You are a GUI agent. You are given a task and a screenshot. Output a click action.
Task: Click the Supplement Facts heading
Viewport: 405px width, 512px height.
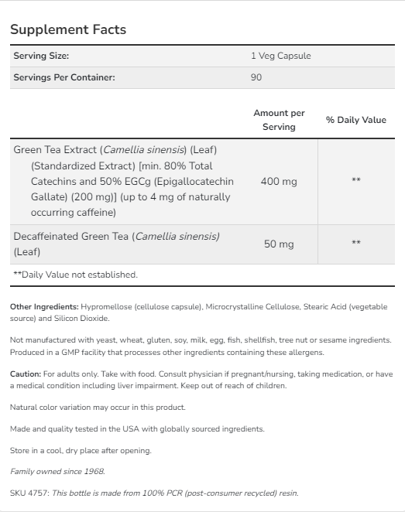tap(68, 29)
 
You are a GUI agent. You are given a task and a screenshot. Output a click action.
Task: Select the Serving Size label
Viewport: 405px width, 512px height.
tap(41, 56)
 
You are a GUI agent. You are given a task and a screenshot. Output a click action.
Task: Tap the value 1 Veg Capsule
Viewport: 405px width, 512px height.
tap(280, 56)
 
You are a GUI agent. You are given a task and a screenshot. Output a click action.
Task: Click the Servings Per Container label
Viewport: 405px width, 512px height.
tap(64, 77)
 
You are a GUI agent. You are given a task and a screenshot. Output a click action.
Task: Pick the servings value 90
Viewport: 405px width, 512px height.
tap(256, 77)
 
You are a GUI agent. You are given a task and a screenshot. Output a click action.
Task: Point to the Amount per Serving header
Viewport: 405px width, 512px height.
tap(279, 120)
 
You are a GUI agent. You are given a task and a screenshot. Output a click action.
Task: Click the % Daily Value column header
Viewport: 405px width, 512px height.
tap(355, 120)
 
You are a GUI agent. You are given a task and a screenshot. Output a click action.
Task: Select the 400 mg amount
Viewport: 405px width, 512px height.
tap(279, 182)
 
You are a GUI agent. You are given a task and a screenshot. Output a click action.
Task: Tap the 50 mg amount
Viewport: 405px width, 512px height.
tap(279, 244)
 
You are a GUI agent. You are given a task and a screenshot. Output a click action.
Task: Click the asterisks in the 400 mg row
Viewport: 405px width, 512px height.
tap(355, 181)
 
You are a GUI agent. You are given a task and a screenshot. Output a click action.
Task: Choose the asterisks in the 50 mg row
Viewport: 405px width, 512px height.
tap(355, 244)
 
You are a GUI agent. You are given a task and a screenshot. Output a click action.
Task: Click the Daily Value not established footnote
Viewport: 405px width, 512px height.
tap(75, 275)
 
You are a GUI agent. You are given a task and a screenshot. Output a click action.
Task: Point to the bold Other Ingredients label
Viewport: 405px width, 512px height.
tap(44, 307)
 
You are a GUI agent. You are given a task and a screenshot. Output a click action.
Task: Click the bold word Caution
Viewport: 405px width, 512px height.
tap(26, 374)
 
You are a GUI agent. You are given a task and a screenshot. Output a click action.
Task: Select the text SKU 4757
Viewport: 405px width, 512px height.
tap(29, 493)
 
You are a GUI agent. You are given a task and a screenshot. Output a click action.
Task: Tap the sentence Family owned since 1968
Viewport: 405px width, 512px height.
tap(57, 471)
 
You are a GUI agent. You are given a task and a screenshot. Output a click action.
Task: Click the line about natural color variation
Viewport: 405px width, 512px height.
tap(98, 407)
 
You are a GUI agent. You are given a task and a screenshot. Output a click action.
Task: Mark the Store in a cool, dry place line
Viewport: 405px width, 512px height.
tap(81, 450)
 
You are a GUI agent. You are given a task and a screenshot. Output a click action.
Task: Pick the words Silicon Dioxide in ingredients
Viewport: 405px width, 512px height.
tap(87, 319)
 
